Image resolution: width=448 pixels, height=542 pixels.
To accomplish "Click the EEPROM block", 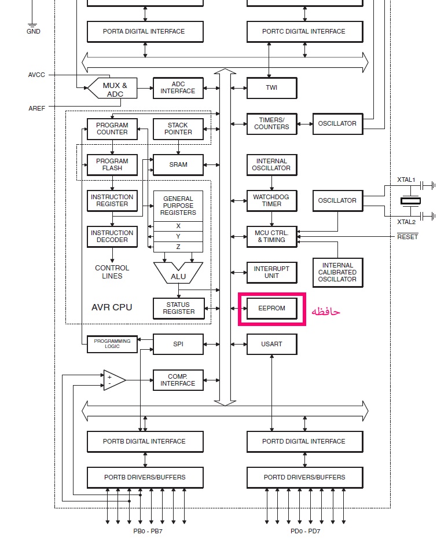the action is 272,308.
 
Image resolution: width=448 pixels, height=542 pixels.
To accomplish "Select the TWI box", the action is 272,88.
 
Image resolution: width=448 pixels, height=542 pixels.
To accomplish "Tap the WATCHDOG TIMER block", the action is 272,200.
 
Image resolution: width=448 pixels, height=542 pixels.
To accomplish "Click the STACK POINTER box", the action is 178,129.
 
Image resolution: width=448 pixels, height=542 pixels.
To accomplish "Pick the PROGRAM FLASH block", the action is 112,165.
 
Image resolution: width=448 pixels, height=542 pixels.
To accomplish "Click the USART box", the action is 272,345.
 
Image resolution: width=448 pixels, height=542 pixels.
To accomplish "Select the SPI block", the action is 178,345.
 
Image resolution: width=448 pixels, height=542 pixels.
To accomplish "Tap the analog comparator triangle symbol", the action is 115,380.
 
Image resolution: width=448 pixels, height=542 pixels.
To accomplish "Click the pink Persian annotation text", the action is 326,312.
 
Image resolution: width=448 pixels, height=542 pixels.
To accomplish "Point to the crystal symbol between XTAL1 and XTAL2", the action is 411,200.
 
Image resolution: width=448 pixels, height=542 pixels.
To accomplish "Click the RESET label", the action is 407,237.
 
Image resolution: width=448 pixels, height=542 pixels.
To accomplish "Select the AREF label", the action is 36,108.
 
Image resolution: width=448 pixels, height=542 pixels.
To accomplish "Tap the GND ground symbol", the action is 32,25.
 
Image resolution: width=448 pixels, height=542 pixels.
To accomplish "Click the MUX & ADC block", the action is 112,88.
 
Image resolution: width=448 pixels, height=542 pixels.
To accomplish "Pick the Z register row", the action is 178,247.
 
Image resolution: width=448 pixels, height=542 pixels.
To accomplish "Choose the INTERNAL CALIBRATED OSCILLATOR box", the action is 337,272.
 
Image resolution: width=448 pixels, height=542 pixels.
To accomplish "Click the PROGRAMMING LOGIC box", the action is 112,344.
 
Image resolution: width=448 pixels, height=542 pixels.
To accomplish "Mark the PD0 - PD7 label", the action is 306,531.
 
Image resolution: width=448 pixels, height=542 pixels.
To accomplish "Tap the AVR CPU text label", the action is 112,307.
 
